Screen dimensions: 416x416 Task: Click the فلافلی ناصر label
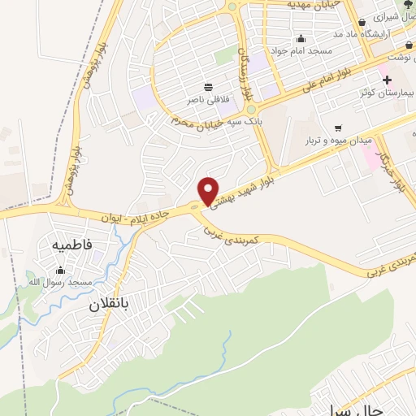[x=209, y=99]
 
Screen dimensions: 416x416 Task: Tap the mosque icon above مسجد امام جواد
[x=301, y=38]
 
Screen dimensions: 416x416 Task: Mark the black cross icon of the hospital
[x=387, y=80]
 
